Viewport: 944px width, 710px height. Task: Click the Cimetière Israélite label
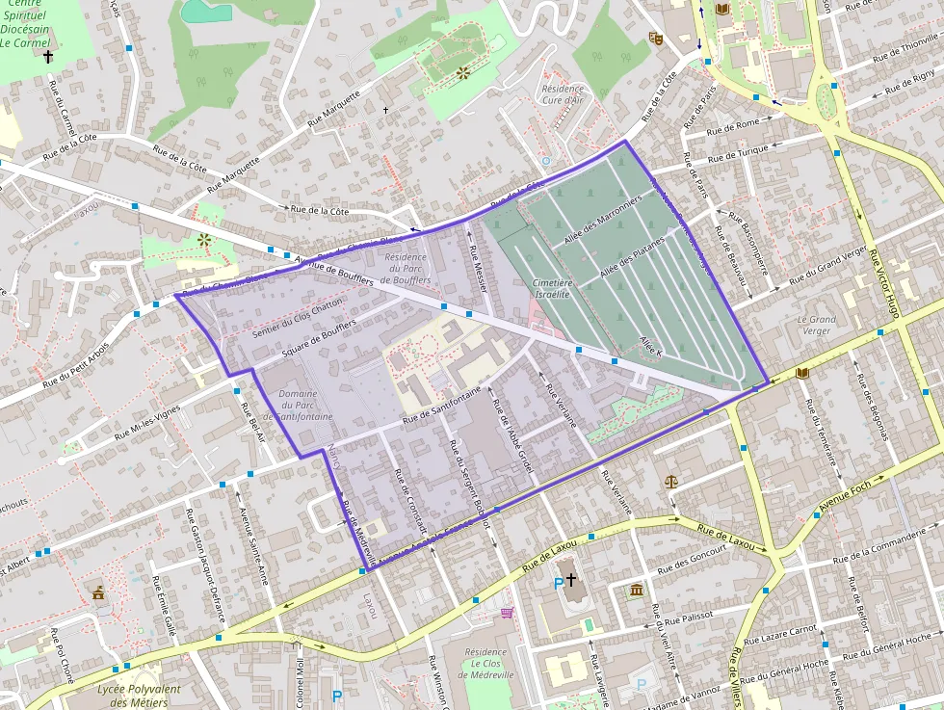click(x=553, y=289)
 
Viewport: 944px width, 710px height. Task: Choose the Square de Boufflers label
click(x=319, y=340)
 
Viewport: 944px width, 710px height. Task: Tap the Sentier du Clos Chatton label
click(x=297, y=317)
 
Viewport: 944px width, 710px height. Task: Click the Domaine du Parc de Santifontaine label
click(x=304, y=406)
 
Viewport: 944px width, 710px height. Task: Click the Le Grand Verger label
click(x=816, y=325)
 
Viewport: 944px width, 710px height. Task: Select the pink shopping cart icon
click(x=507, y=612)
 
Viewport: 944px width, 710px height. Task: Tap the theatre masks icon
click(x=656, y=39)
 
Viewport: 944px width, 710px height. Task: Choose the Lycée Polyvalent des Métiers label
click(x=140, y=696)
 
